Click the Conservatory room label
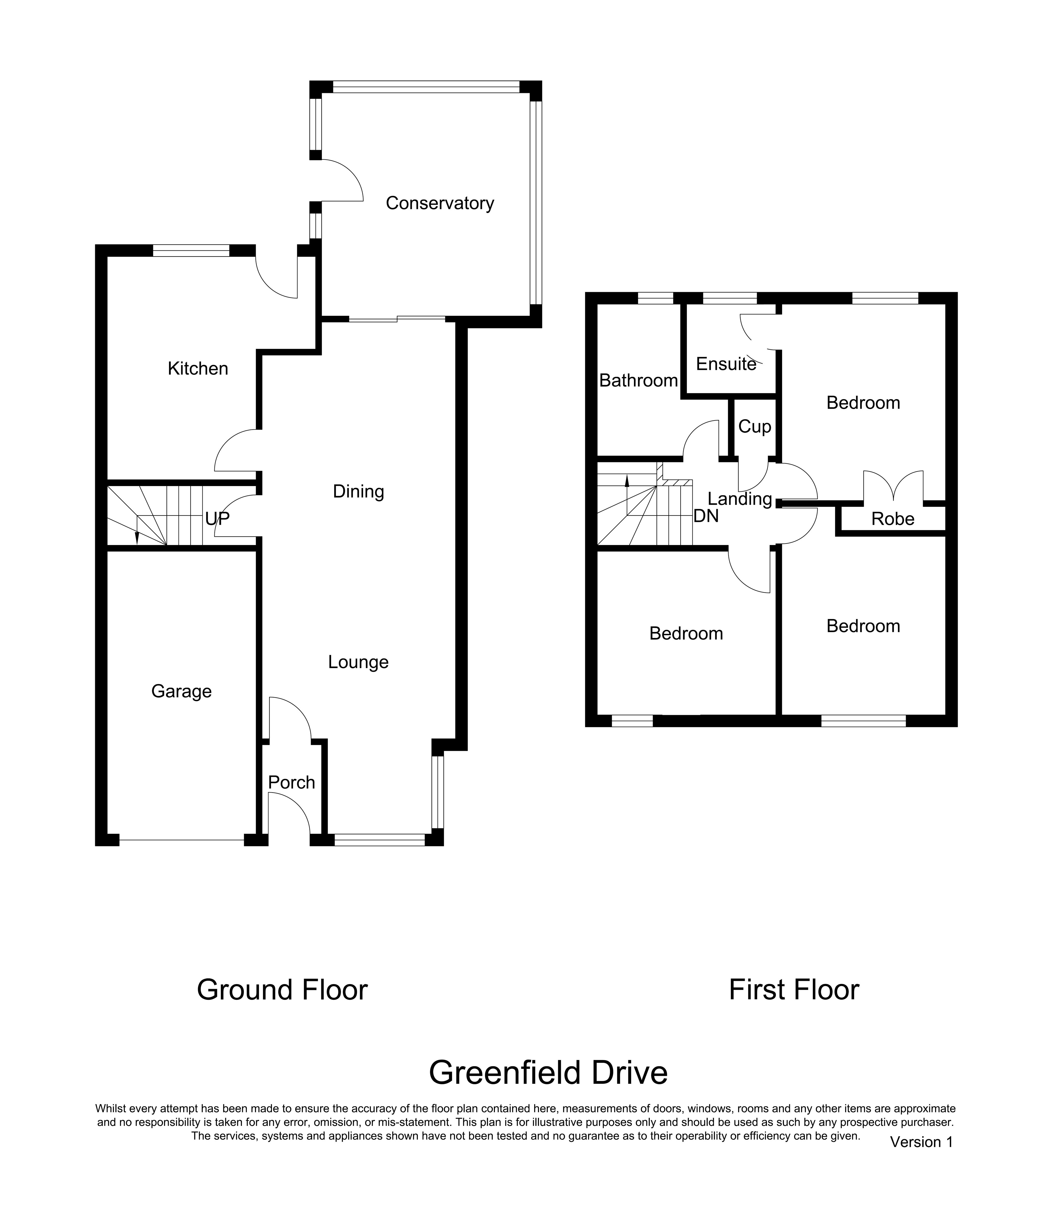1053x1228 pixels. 440,203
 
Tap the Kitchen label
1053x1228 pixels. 198,369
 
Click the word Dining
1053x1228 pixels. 359,491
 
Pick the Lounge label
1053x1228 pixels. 359,662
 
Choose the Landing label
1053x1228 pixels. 740,499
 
